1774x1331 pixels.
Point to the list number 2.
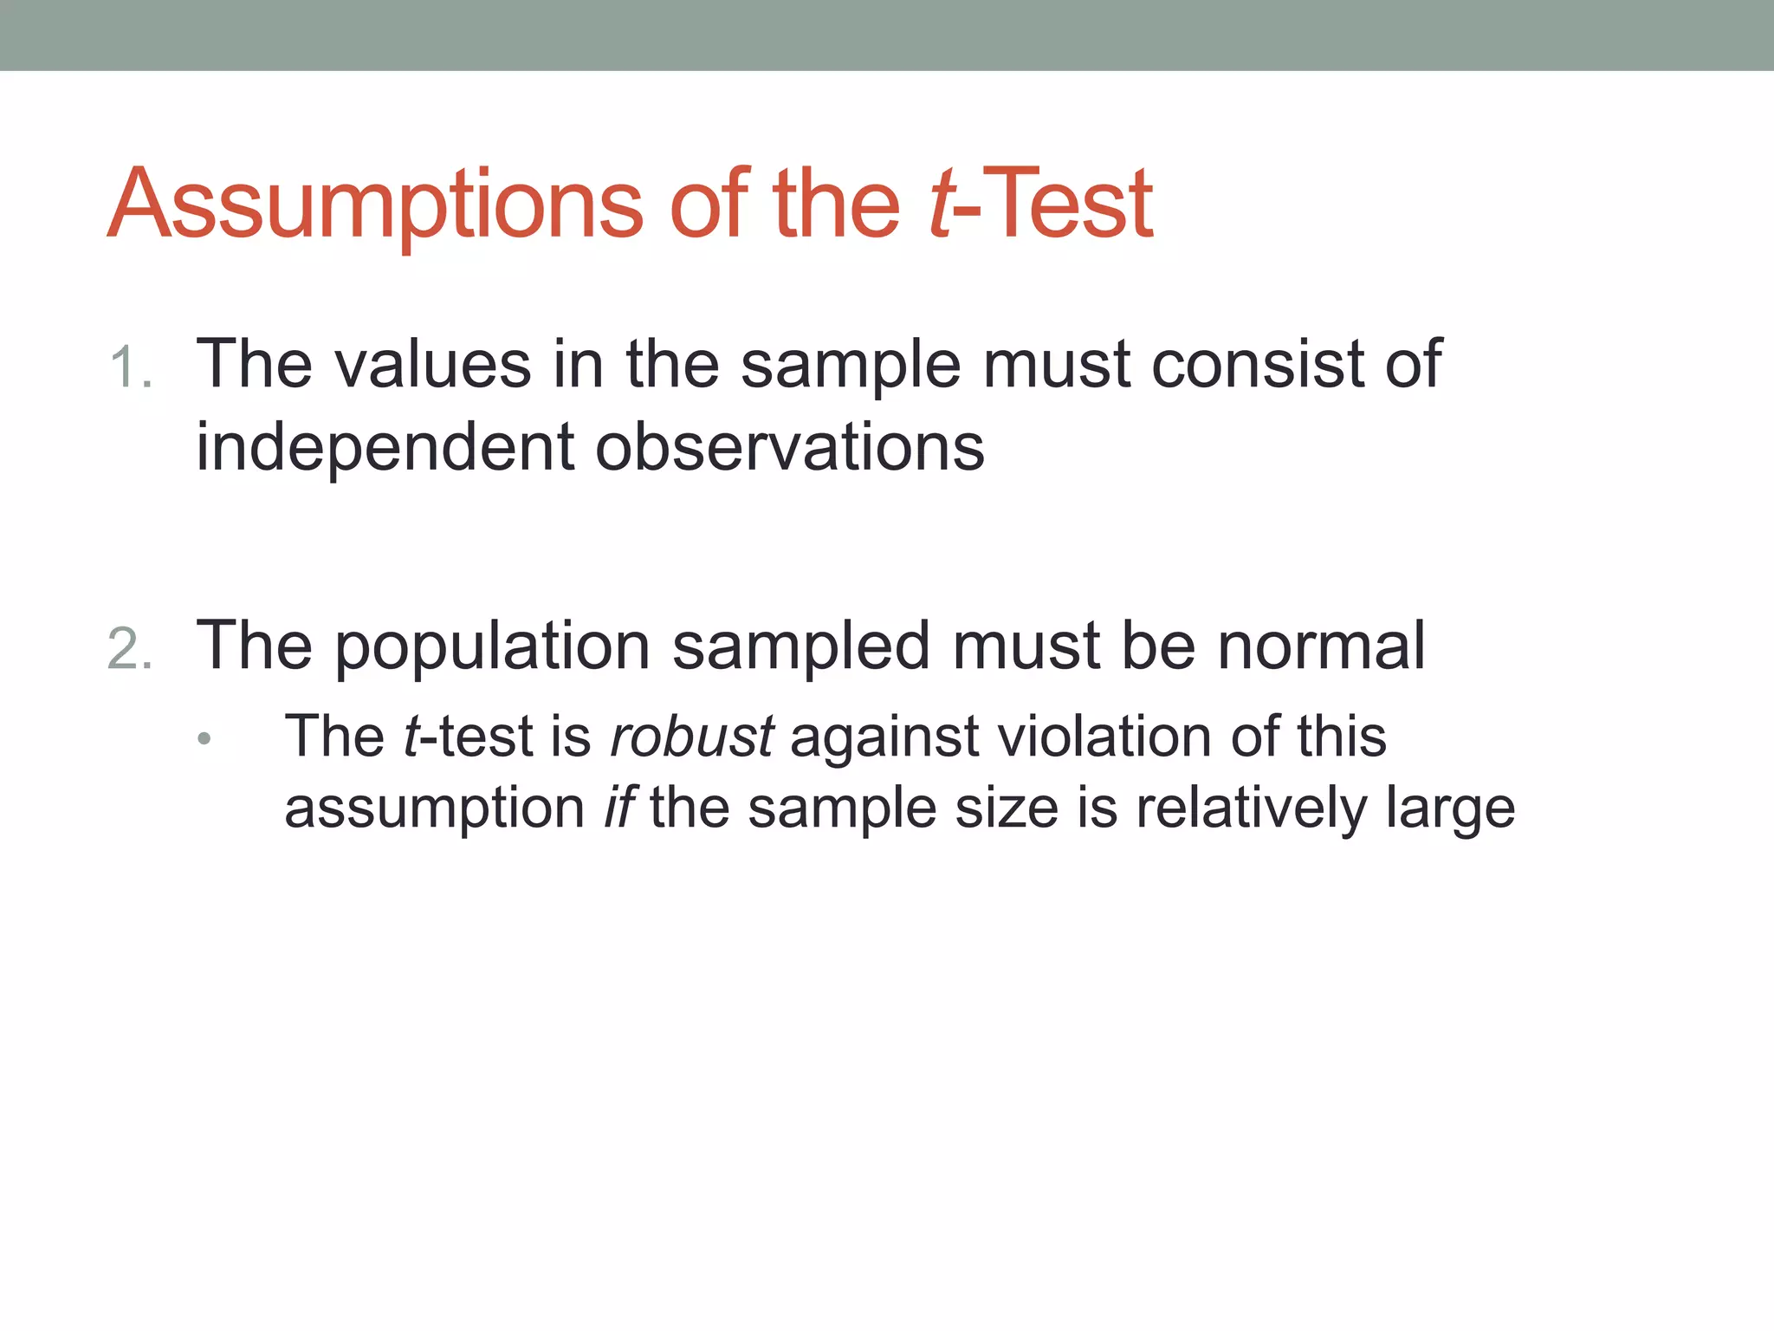(x=130, y=649)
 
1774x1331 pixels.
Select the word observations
(x=789, y=447)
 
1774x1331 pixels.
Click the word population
(x=492, y=646)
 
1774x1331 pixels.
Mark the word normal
(x=1321, y=646)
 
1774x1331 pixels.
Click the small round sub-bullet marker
(x=204, y=739)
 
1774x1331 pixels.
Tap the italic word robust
(x=691, y=737)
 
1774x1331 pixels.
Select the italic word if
(x=619, y=808)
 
